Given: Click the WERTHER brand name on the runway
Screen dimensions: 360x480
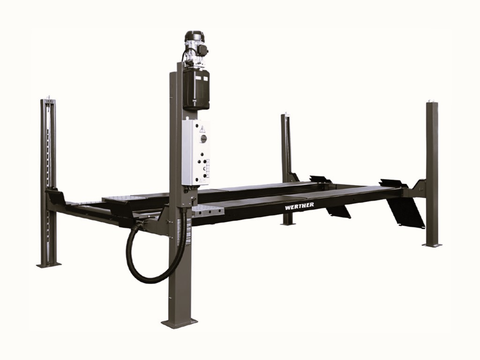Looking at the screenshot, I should (x=299, y=205).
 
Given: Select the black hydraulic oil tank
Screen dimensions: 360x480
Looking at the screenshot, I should (x=195, y=89).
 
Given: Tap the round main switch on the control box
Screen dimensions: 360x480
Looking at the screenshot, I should (x=203, y=139).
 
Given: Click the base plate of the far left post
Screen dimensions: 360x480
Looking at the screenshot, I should (x=49, y=264).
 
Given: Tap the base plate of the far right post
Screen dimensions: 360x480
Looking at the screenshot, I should (x=432, y=244).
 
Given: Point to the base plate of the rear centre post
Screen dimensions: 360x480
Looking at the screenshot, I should (x=287, y=224).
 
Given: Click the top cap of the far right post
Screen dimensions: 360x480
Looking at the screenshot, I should (x=431, y=102).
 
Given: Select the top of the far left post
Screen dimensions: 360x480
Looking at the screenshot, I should (x=48, y=100).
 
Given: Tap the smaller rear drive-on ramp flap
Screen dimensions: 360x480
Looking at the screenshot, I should (x=338, y=211).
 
